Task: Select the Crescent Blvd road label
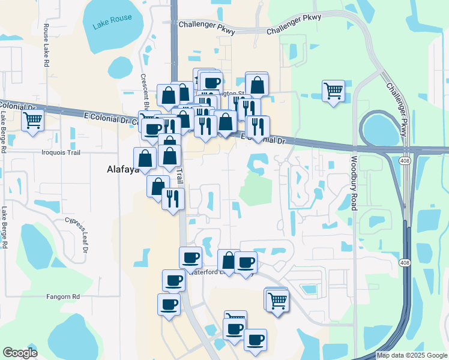click(144, 90)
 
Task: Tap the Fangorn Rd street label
click(63, 296)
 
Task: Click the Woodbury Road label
click(354, 184)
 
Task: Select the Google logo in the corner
click(20, 352)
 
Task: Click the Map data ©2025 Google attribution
click(411, 355)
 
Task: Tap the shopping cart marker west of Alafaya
click(32, 120)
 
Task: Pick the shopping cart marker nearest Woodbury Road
click(333, 91)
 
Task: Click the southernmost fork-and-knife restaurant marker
click(173, 198)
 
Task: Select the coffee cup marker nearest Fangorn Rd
click(169, 304)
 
